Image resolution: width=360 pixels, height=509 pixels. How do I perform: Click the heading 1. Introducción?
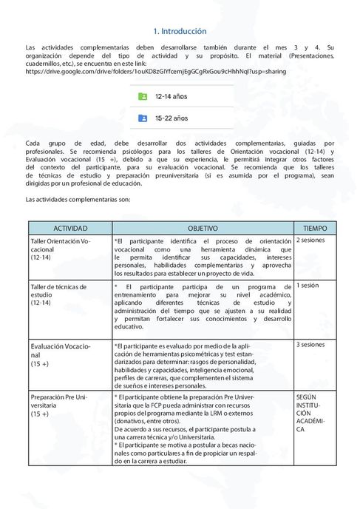(180, 32)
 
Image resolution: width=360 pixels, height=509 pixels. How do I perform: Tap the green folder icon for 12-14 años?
(143, 97)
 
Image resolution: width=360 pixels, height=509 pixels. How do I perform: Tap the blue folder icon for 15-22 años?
(143, 118)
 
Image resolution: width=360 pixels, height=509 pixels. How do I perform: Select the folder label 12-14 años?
(171, 97)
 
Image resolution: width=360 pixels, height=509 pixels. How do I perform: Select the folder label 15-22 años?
(171, 118)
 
